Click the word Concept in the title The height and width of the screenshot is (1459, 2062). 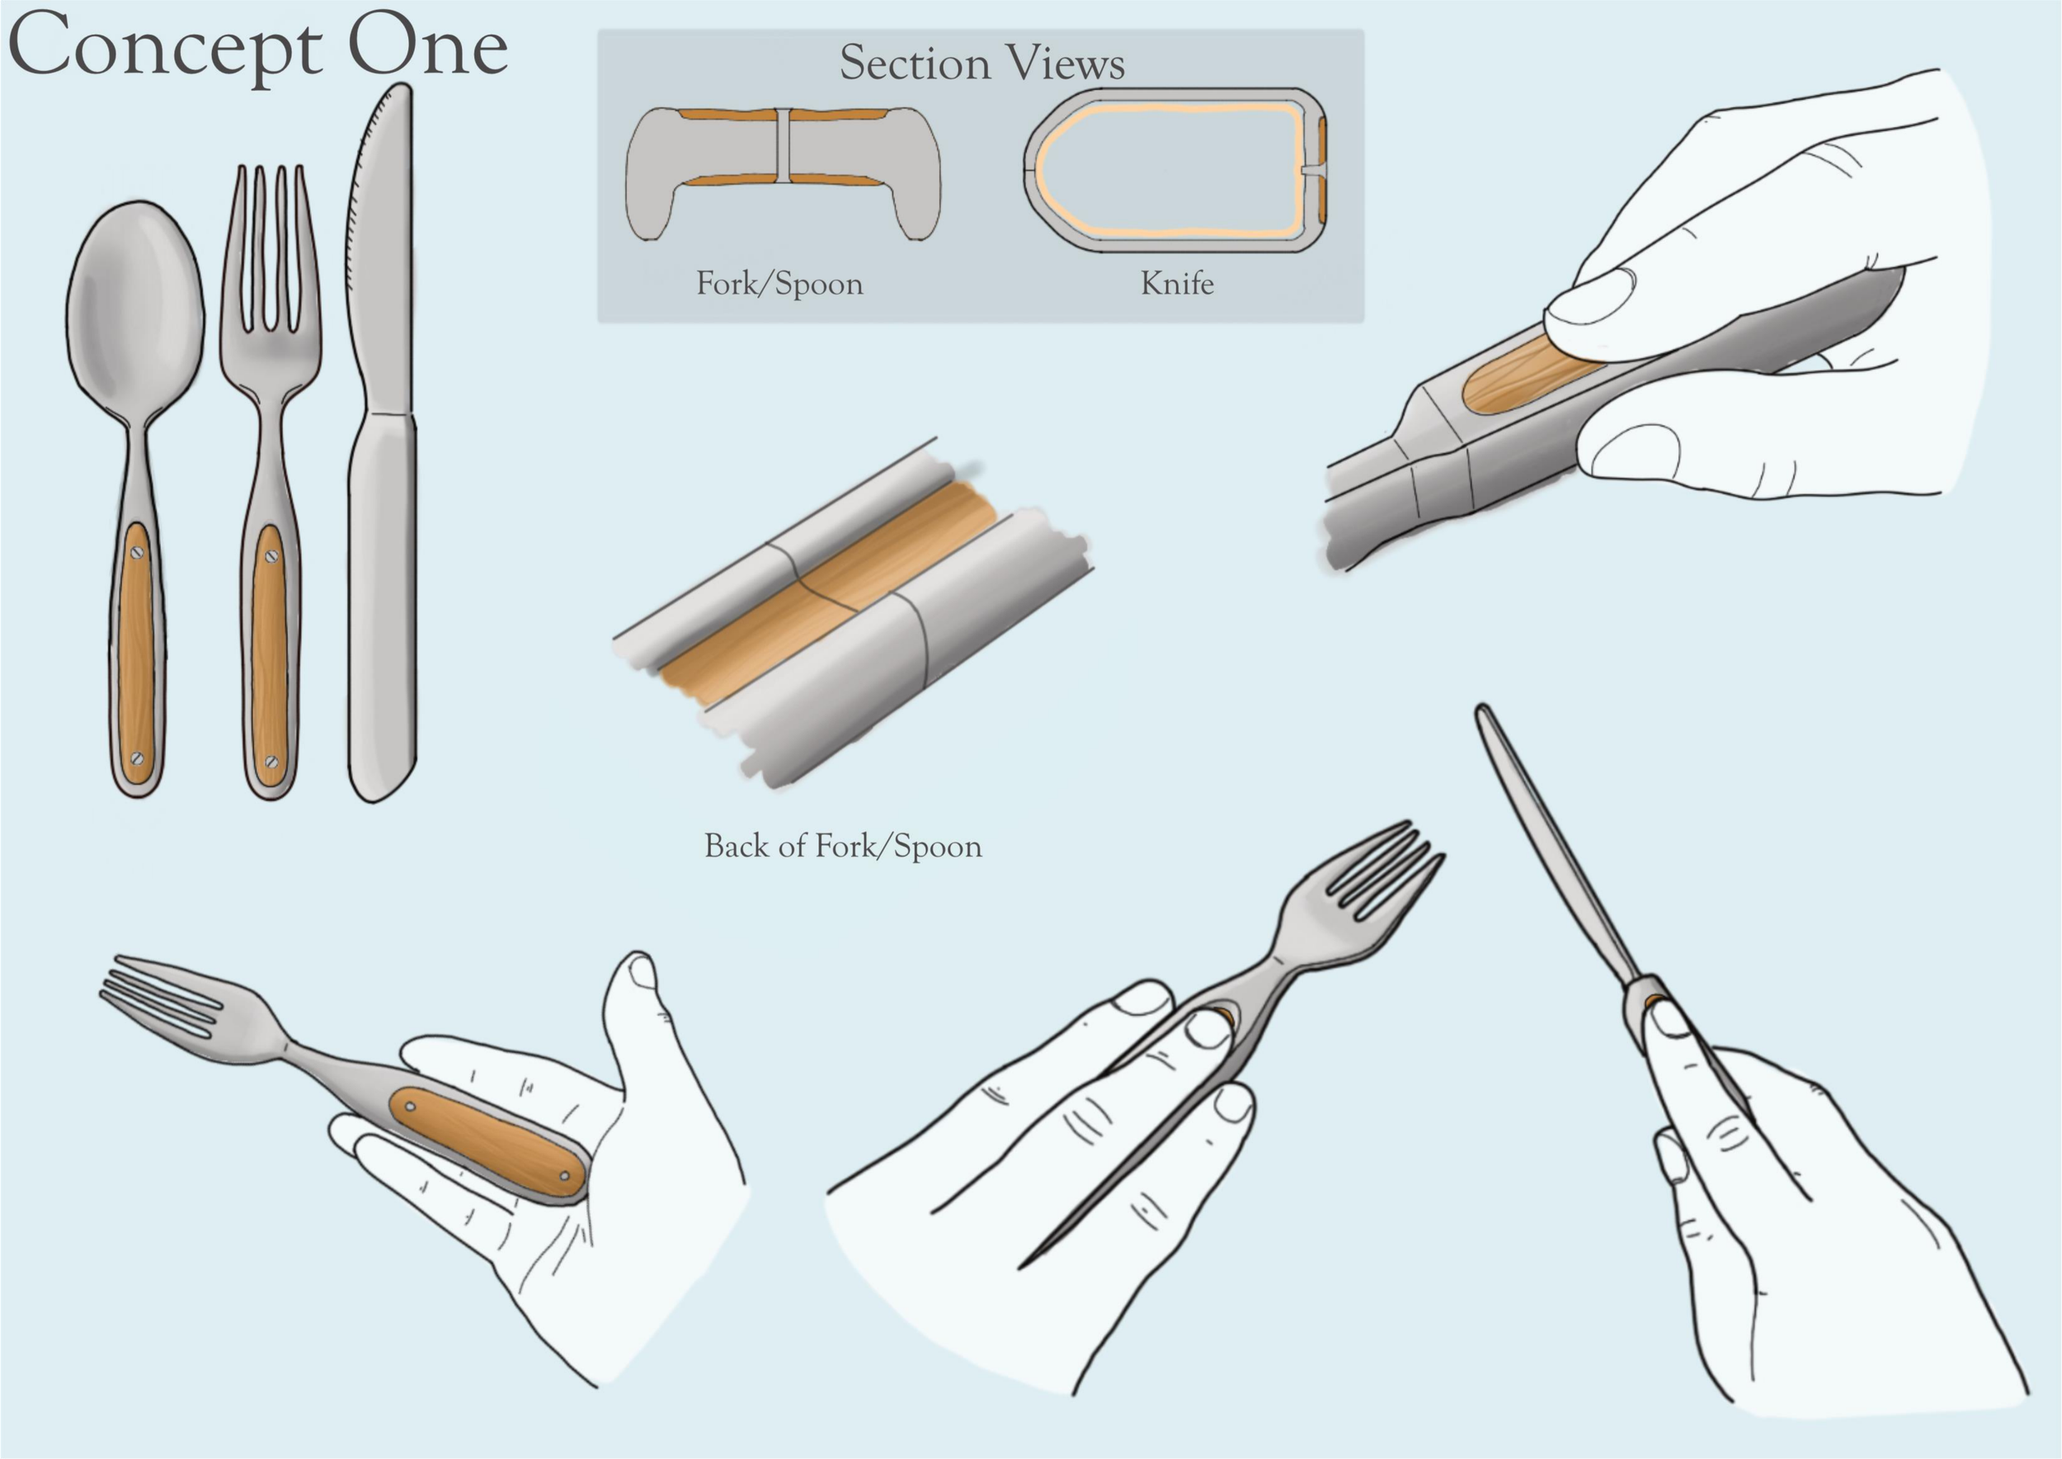(165, 49)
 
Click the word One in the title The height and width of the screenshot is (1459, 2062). (427, 46)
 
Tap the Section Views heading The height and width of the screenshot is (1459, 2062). (982, 63)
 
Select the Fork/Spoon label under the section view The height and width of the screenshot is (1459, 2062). (779, 284)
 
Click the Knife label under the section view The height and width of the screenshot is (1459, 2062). (1177, 283)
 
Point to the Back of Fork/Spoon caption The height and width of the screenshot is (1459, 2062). (842, 847)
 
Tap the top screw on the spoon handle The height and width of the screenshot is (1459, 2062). (137, 553)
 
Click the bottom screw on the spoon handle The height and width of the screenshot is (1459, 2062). (137, 758)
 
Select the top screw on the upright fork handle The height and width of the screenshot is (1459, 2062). (271, 557)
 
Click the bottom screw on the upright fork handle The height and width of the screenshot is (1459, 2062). (271, 763)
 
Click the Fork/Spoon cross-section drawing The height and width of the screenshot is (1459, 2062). (783, 172)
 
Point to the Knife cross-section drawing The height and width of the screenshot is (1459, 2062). (1175, 169)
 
